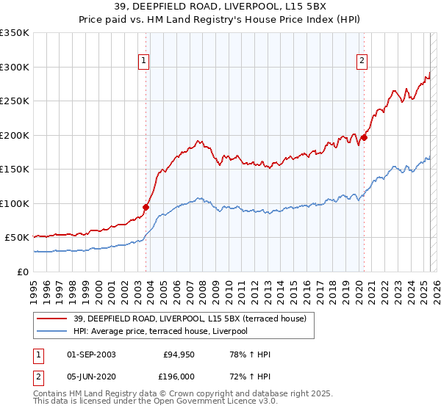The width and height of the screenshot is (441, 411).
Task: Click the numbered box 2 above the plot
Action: point(363,61)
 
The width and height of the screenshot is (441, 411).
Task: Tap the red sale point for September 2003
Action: point(146,207)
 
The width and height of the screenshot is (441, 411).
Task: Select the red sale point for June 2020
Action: point(364,137)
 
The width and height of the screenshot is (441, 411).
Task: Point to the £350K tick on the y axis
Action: point(15,33)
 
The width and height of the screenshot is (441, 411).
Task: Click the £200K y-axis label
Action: point(15,135)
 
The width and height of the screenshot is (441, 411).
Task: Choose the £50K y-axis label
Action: point(18,238)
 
